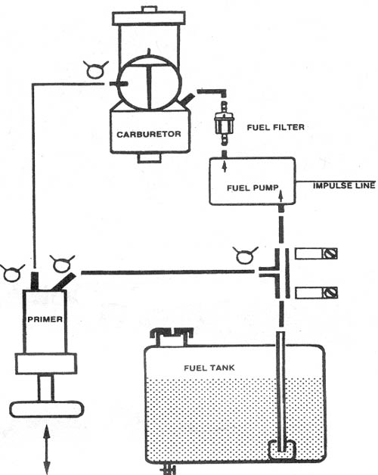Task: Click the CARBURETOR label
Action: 149,134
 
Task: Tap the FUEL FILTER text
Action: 276,127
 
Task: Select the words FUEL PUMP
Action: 253,188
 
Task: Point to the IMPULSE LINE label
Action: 344,185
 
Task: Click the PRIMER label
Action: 45,319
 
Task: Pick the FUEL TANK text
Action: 209,368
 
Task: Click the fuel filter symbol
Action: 224,123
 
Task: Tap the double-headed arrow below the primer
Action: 47,449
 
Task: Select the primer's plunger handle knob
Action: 47,409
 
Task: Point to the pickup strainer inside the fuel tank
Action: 282,450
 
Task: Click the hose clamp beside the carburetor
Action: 96,70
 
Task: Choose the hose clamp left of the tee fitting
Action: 245,256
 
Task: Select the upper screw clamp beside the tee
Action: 316,253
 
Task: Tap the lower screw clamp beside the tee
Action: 316,293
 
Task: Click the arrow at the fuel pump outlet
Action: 225,166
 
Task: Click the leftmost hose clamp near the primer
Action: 12,272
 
